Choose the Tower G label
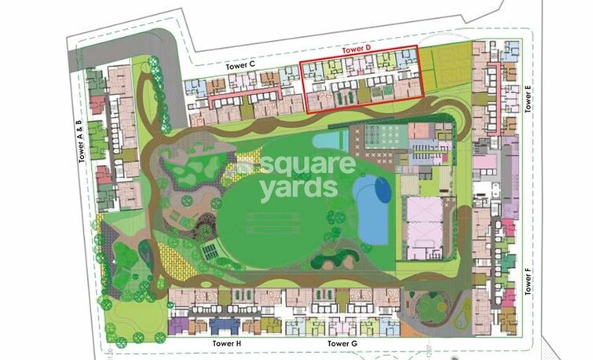(x=343, y=344)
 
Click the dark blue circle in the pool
(x=380, y=189)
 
